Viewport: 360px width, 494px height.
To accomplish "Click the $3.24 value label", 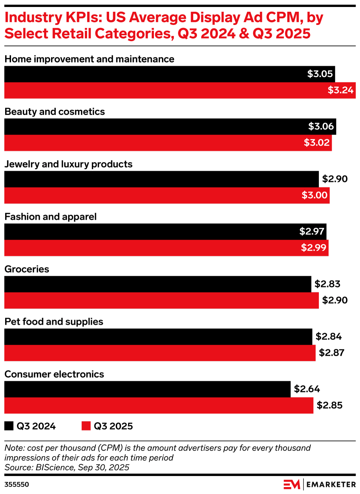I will coord(341,90).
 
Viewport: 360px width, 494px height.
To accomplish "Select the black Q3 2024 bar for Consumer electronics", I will coord(147,389).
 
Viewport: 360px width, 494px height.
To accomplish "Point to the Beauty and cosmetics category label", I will coord(55,112).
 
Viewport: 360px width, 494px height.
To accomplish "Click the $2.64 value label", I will coord(307,389).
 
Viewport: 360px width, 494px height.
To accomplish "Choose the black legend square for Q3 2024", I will coord(9,426).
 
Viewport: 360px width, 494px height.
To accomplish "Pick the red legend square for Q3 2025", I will coord(86,426).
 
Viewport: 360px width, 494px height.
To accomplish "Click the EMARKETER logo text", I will coord(331,484).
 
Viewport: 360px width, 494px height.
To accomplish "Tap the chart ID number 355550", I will coord(17,484).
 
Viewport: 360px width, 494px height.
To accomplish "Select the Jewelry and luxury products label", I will coord(68,164).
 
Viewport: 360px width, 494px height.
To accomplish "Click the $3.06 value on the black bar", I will coord(321,126).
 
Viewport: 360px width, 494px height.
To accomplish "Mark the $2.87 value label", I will coord(331,353).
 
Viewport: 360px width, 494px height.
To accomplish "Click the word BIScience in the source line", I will coord(55,467).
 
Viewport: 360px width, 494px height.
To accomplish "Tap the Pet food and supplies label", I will coord(54,322).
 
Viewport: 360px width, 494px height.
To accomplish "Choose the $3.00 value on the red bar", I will coord(314,195).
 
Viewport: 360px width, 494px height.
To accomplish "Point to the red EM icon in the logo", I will coord(292,484).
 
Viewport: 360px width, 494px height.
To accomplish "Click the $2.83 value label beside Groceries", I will coord(327,284).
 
